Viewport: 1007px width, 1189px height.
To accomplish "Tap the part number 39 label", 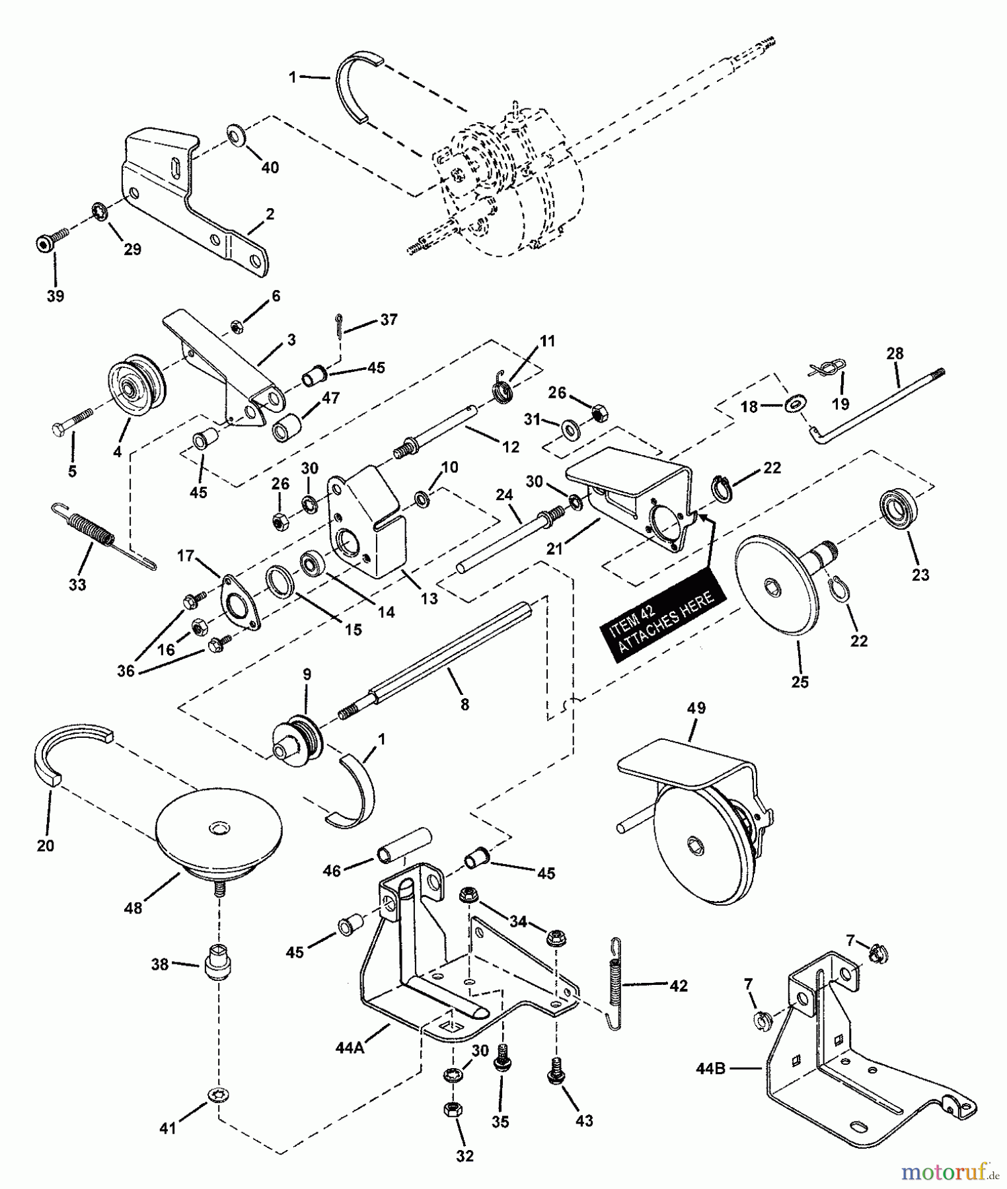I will (56, 296).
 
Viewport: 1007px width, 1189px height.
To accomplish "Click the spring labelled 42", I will (615, 984).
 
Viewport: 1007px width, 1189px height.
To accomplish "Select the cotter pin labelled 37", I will (338, 327).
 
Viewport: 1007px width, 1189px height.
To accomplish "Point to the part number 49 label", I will (696, 707).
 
